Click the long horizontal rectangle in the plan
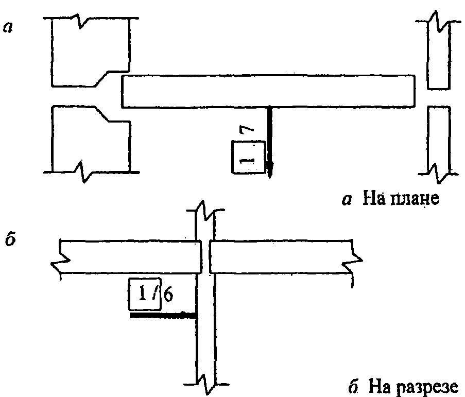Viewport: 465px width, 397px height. point(268,91)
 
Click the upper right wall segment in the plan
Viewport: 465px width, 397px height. point(439,51)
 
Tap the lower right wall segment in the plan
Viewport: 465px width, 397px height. point(439,139)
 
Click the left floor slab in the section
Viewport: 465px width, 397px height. point(129,256)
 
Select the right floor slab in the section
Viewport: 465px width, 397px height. point(281,256)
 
